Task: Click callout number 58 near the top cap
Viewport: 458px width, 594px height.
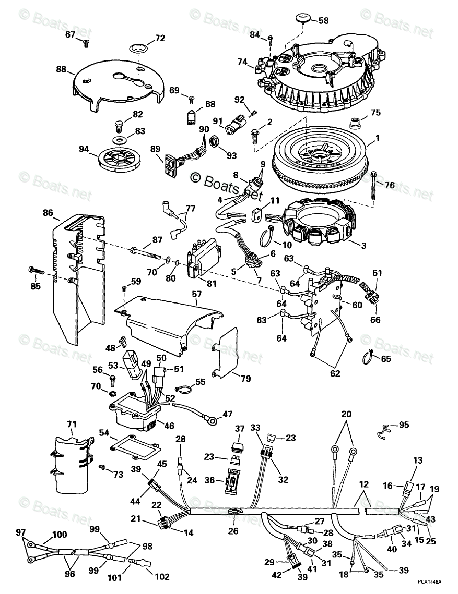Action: click(324, 21)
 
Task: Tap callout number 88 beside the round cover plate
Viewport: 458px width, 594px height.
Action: click(61, 69)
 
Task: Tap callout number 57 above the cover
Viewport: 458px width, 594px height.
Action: click(196, 294)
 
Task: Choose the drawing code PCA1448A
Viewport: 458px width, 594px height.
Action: click(429, 581)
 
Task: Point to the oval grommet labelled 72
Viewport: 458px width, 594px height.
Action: click(138, 49)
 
